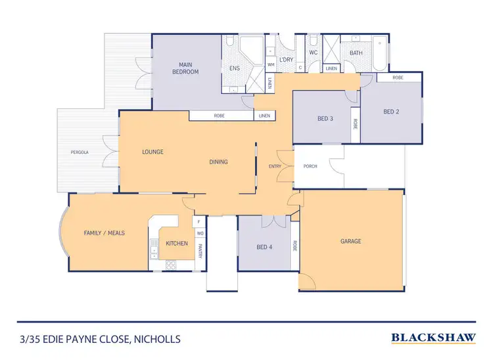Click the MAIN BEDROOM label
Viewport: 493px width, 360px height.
[185, 68]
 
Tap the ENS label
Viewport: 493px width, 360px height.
[235, 68]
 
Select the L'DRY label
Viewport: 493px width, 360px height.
[286, 60]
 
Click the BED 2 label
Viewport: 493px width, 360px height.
[391, 112]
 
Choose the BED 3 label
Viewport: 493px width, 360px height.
[325, 118]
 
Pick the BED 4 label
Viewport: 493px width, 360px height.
[264, 247]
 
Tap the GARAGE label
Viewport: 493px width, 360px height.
[350, 241]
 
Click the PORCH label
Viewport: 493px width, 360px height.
[310, 166]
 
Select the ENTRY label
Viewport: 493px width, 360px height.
[275, 166]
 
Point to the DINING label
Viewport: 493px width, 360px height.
[219, 162]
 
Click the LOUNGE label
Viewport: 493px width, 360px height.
[153, 152]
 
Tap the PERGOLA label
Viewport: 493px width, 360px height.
[80, 152]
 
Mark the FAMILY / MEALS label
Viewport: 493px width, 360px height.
[104, 233]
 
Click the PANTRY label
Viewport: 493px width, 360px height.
[199, 247]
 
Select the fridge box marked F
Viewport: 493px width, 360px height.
[199, 222]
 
